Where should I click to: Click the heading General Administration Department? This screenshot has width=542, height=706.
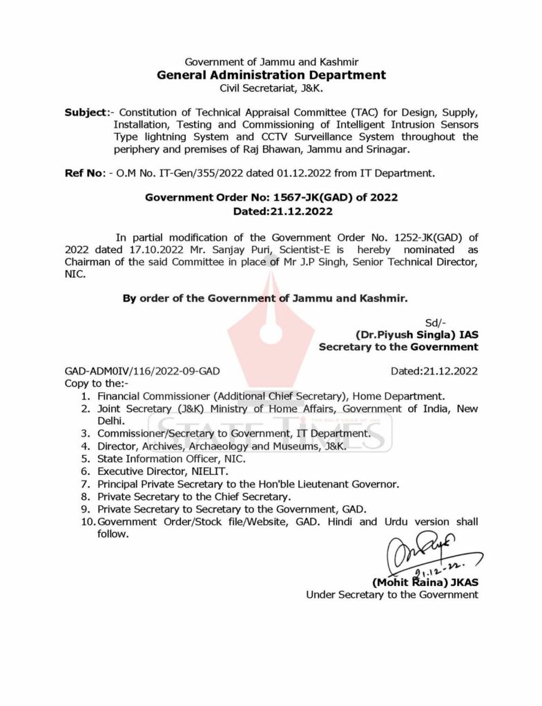click(x=271, y=75)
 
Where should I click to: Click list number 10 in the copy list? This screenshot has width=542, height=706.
click(x=88, y=521)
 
